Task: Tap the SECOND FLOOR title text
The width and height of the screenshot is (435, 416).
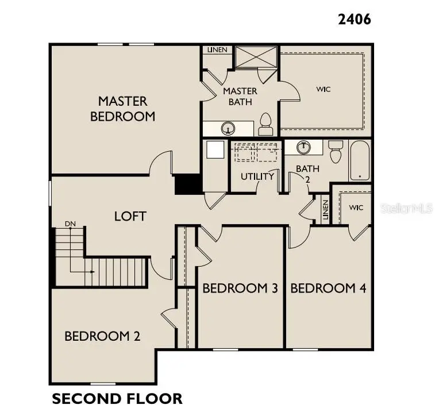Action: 117,398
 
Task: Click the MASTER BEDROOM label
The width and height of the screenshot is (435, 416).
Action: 122,109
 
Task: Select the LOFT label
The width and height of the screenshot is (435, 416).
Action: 130,217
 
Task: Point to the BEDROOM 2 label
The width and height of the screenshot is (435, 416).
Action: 102,336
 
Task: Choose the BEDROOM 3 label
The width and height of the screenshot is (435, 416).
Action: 240,288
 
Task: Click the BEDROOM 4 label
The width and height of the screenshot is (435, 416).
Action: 328,288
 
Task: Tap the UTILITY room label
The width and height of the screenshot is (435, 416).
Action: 257,176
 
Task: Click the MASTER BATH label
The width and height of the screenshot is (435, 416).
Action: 240,97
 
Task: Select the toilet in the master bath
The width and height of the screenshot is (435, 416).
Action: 265,124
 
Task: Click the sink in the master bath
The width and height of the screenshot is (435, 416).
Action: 229,128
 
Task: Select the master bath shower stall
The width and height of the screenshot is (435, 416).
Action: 256,56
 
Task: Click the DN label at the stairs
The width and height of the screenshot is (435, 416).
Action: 70,224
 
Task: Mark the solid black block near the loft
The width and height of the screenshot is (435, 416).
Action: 187,184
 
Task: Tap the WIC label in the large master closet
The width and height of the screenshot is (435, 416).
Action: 324,89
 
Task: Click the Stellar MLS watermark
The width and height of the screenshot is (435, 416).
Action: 407,209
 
